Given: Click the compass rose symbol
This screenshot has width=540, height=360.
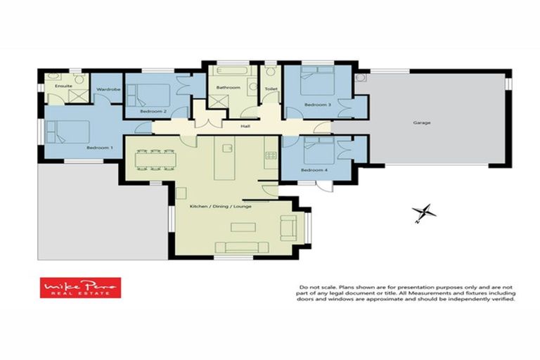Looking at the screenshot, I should (x=424, y=212).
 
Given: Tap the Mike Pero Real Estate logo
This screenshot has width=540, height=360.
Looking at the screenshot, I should (x=80, y=288).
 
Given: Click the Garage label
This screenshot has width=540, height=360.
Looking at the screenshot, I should (x=421, y=122).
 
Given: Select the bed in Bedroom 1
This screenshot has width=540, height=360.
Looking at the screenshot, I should (x=68, y=131).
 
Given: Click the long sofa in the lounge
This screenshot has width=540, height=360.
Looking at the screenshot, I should (x=241, y=247).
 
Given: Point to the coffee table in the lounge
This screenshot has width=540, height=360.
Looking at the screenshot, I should (x=243, y=226).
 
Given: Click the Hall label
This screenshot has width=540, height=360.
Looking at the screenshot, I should (x=245, y=127).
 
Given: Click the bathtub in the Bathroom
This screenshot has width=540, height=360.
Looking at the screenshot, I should (x=228, y=72).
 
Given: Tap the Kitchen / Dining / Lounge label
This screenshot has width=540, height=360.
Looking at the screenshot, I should (x=221, y=206).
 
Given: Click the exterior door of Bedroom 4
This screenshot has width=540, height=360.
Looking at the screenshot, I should (x=323, y=186).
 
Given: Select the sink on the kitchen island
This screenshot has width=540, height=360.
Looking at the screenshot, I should (x=227, y=148).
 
